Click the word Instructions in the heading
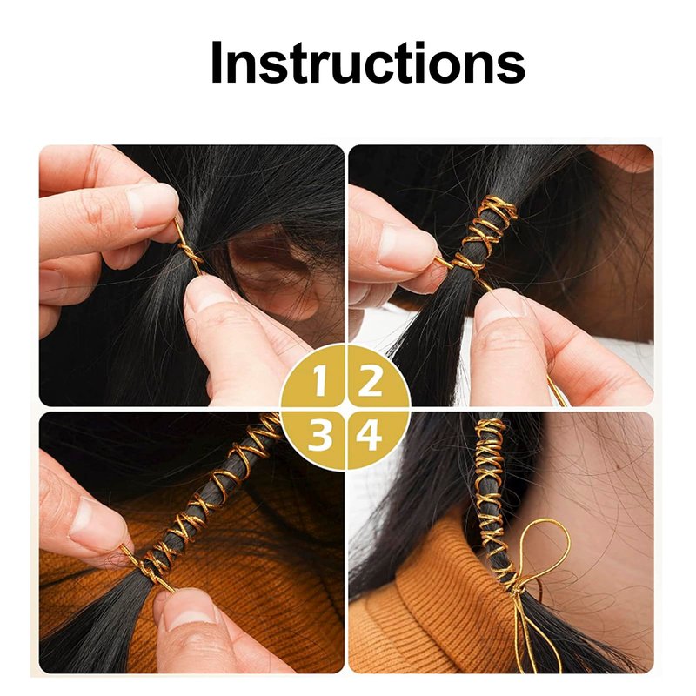368,62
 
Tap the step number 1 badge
318,381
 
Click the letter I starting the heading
216,62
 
